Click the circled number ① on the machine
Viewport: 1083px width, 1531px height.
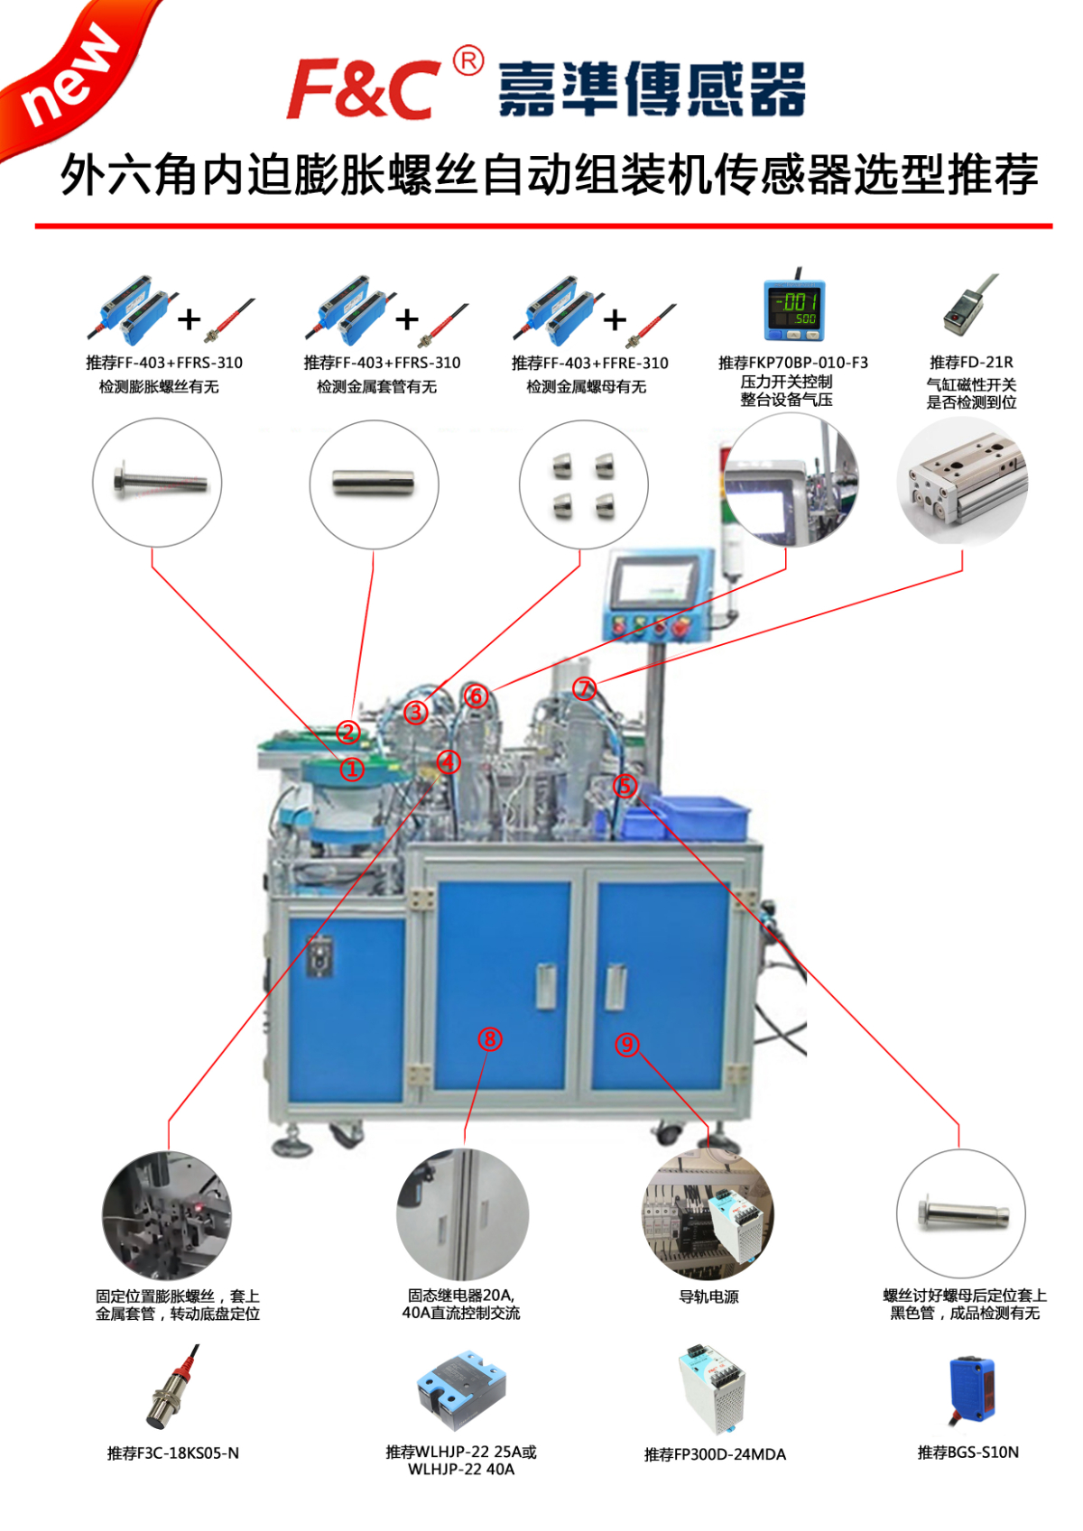(352, 770)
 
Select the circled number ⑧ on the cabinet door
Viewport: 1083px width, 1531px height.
(490, 1039)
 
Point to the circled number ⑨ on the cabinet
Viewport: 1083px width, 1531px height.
(627, 1045)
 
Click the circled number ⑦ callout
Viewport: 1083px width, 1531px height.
(585, 689)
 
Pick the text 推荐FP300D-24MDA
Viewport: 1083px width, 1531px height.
(715, 1454)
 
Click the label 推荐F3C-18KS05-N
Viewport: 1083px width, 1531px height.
(173, 1453)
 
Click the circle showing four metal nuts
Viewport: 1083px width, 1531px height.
(583, 484)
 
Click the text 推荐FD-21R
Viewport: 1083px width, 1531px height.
(971, 363)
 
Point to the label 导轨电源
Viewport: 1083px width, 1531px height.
(708, 1296)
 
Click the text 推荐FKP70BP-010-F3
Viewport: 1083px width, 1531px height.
(793, 363)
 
